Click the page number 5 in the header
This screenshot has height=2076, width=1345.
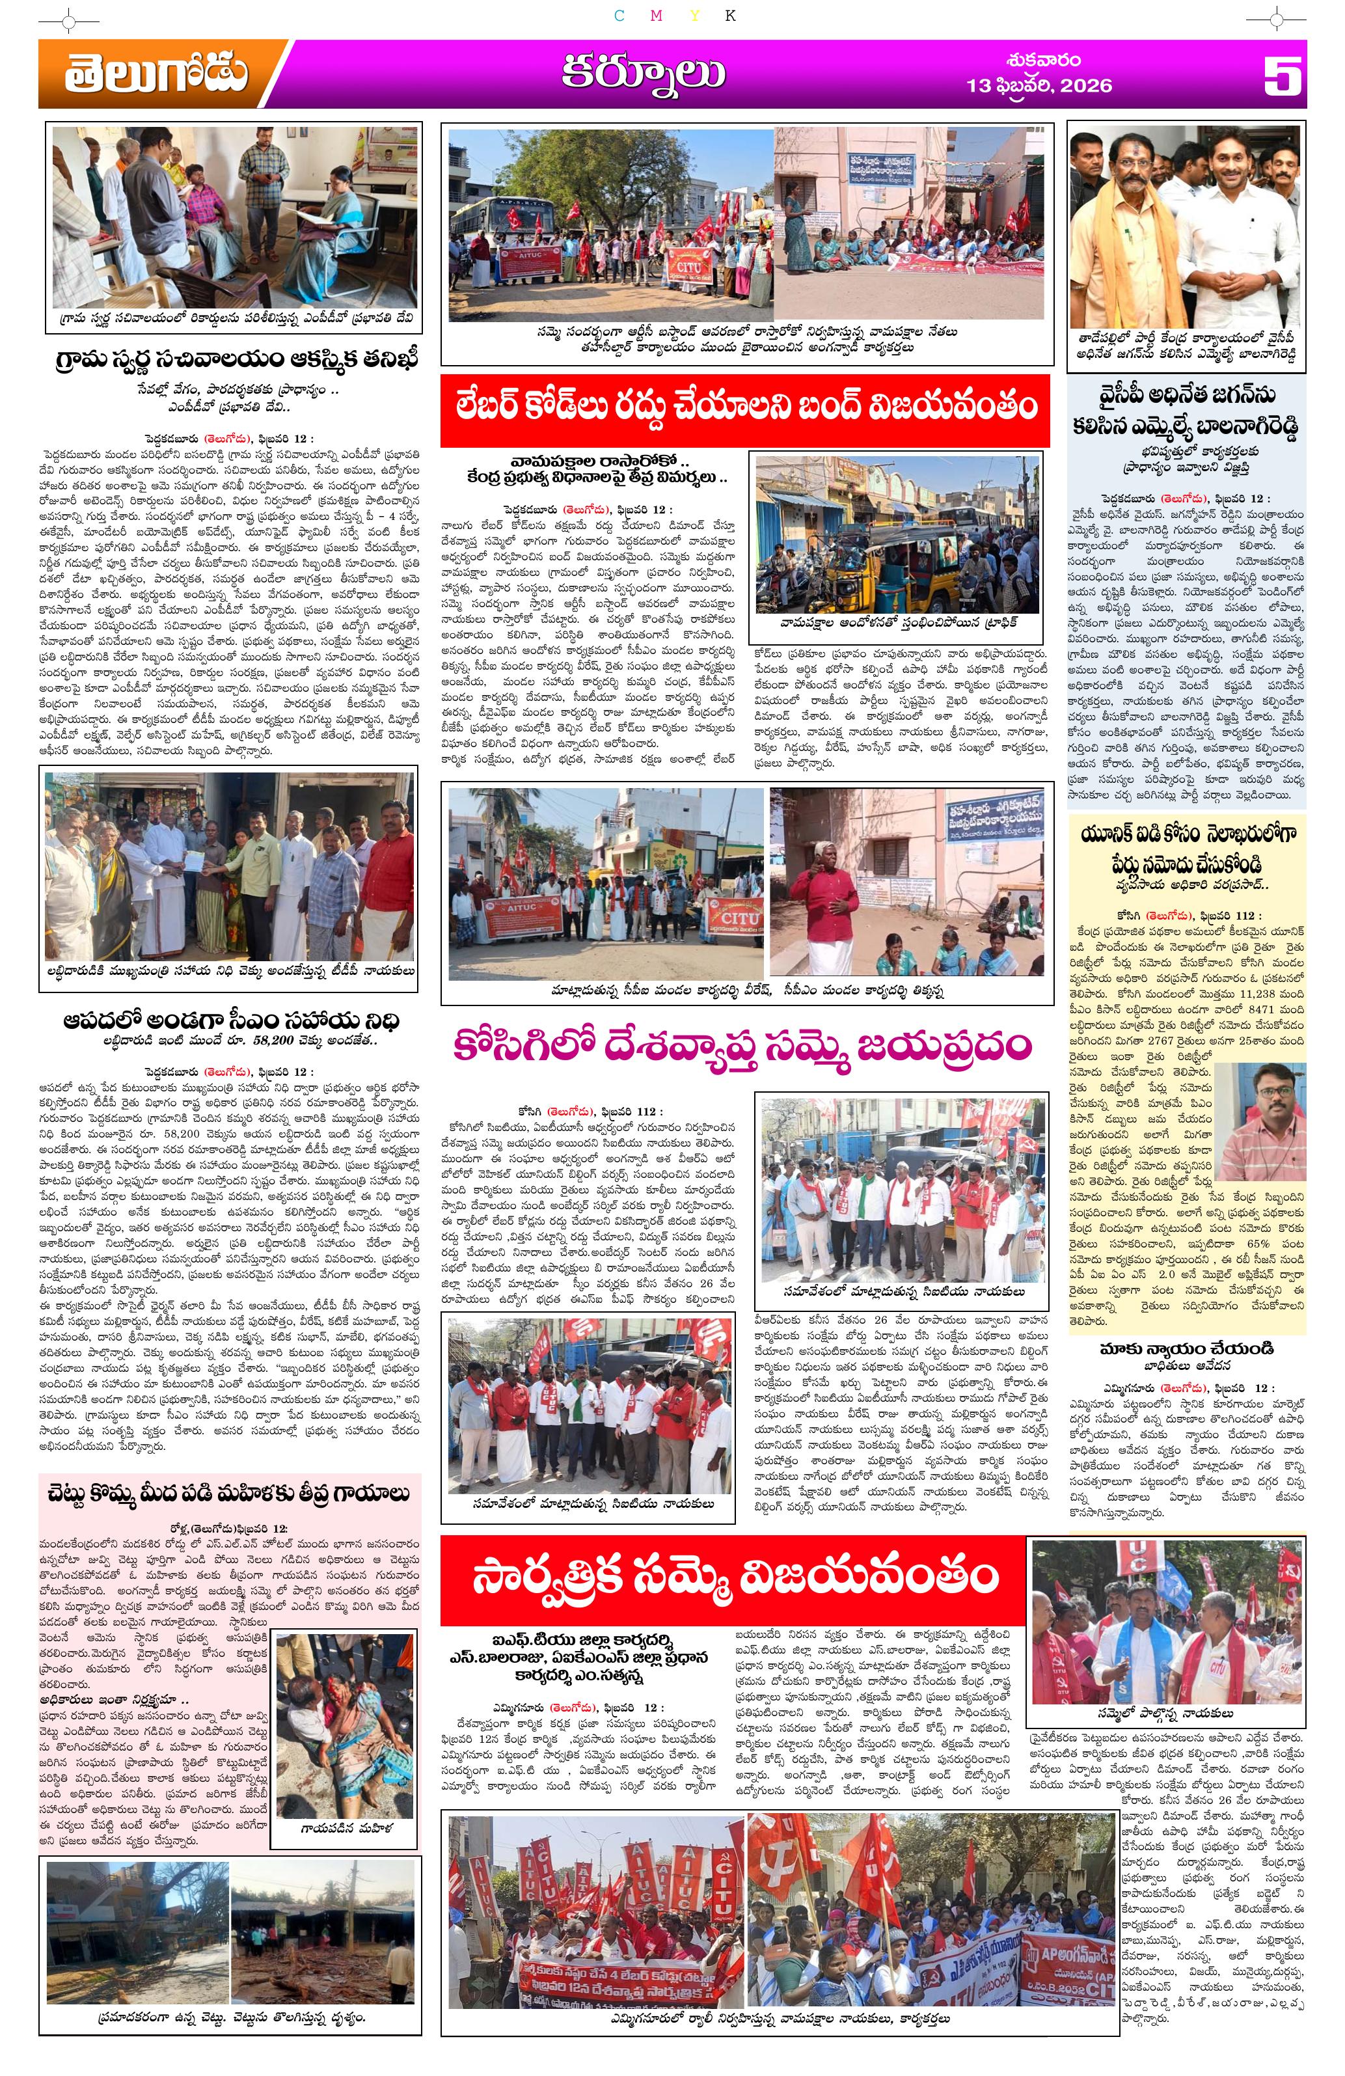pyautogui.click(x=1282, y=76)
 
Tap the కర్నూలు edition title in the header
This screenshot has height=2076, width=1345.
pyautogui.click(x=643, y=75)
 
